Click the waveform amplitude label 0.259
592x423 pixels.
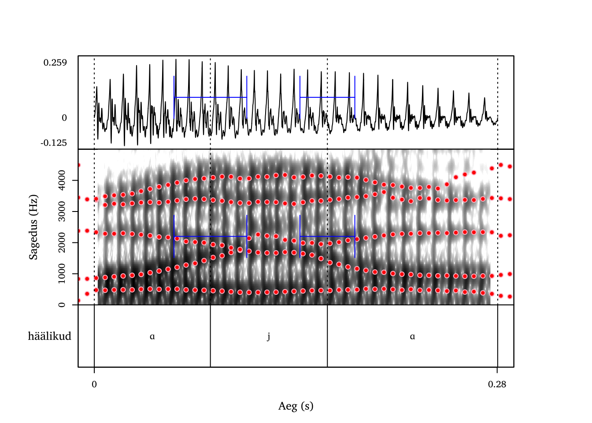tap(55, 63)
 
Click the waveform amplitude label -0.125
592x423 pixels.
tap(54, 143)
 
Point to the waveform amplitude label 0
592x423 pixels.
tap(64, 118)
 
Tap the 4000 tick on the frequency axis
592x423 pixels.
tap(62, 180)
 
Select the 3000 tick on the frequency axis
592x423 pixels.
tap(62, 211)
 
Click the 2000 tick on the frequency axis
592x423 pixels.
tap(62, 243)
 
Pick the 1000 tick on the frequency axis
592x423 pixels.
tap(62, 274)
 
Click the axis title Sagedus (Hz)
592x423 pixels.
tap(33, 227)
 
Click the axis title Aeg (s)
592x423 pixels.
tap(296, 406)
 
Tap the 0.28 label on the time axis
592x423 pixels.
tap(497, 384)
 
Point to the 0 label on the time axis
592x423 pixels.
tap(94, 384)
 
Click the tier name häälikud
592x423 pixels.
tap(49, 336)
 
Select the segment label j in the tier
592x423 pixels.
tap(269, 337)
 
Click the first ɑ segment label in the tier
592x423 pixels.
tap(152, 337)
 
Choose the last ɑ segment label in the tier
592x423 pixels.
tap(412, 337)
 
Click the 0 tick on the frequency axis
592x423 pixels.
tap(62, 304)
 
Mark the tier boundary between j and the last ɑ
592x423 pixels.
tap(327, 336)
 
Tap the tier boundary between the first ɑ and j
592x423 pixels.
tap(210, 336)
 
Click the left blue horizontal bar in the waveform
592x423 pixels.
tap(211, 97)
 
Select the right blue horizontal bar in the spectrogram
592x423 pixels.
tap(327, 237)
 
